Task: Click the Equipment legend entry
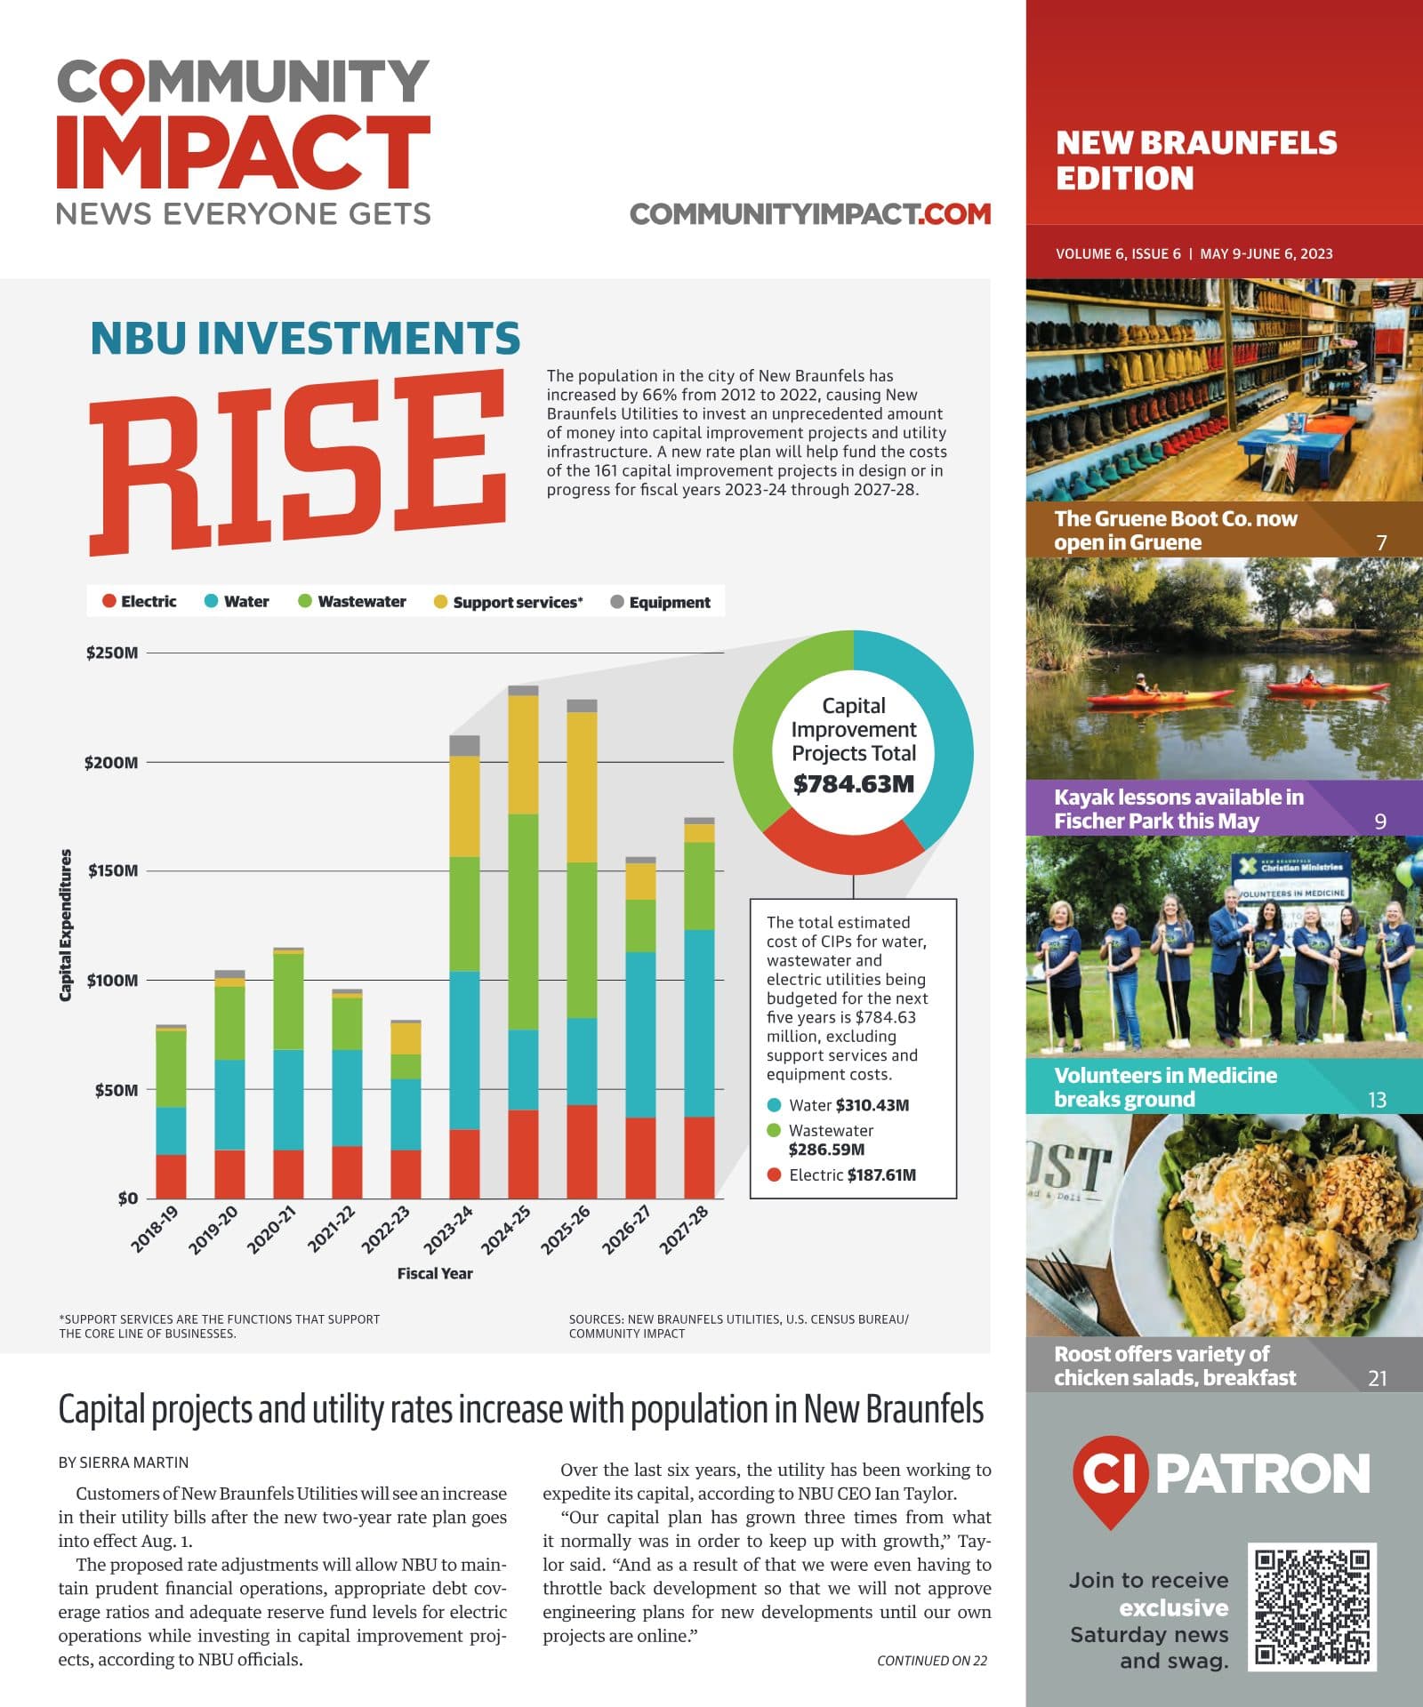coord(660,602)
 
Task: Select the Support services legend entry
coord(508,602)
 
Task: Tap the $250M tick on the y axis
coord(112,653)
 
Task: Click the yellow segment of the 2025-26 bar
coord(582,787)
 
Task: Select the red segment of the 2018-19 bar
coord(171,1176)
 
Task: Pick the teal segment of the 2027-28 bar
coord(699,1023)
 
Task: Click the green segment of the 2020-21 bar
coord(288,1002)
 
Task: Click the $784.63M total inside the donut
coord(854,784)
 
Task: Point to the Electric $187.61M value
coord(843,1174)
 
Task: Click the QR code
coord(1312,1607)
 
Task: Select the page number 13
coord(1377,1101)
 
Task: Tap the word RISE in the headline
coord(299,462)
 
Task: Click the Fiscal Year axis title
coord(435,1273)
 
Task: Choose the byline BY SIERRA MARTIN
coord(124,1463)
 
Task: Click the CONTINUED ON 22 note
coord(932,1660)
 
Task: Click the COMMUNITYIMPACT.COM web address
coord(810,214)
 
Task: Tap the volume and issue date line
coord(1194,253)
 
